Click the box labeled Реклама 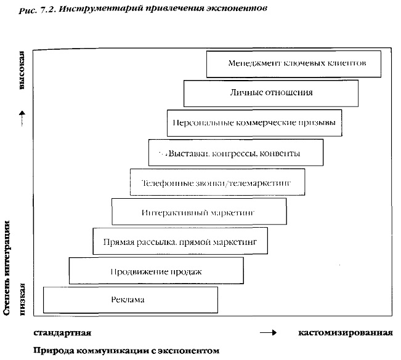[130, 300]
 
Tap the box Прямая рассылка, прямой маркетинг [180, 241]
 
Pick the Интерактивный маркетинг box [198, 212]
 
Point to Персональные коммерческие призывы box [254, 122]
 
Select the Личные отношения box [270, 93]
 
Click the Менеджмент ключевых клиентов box [293, 63]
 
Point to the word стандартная [62, 333]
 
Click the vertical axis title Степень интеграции [7, 268]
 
